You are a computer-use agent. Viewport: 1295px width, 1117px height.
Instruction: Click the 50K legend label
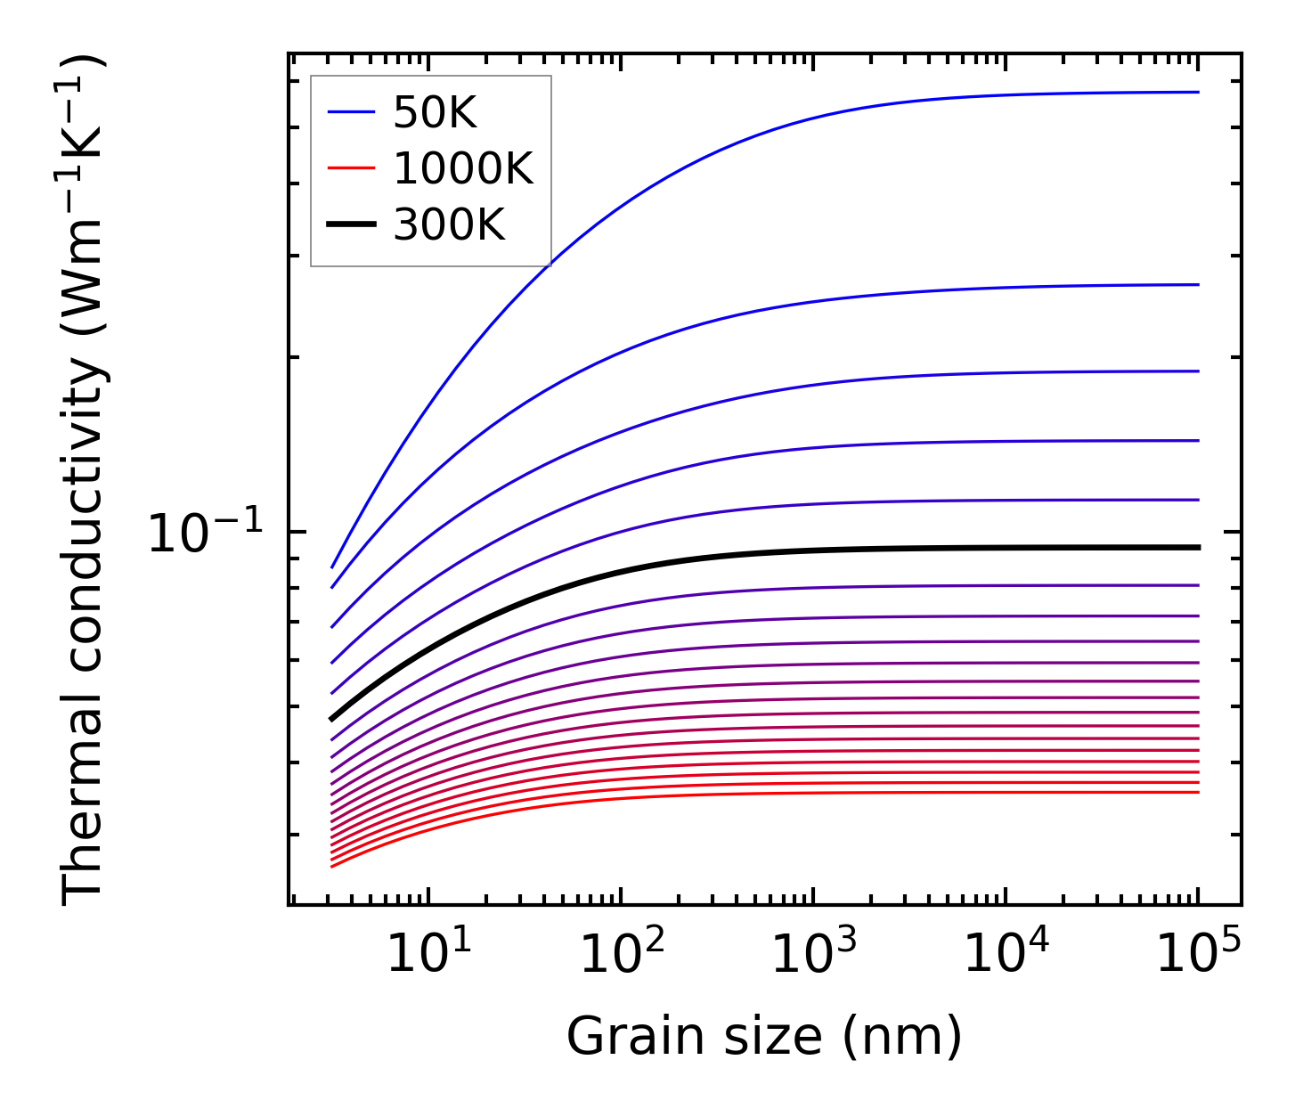coord(436,113)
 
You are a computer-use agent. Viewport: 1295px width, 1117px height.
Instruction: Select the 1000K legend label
coord(463,168)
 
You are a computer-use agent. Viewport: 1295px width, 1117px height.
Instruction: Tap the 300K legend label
coord(449,225)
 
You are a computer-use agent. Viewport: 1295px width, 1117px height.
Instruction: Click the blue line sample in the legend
coord(352,112)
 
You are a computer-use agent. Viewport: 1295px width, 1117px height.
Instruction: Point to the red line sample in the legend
coord(352,168)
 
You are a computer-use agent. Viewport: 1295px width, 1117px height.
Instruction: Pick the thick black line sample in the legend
coord(352,224)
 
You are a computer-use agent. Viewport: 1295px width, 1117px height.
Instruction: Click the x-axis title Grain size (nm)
coord(764,1037)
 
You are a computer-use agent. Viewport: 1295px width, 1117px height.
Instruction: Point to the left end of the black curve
coord(332,718)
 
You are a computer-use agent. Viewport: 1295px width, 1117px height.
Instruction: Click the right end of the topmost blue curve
coord(1197,92)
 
